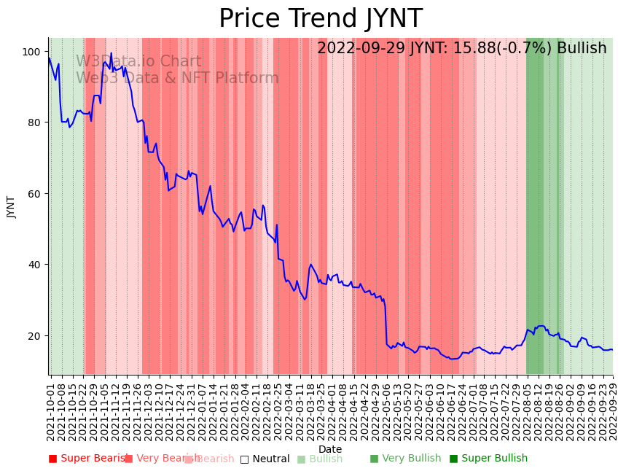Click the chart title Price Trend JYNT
click(320, 19)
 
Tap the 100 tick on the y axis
click(32, 52)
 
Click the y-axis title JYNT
click(12, 206)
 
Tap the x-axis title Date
click(330, 449)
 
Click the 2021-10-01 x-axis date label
click(51, 410)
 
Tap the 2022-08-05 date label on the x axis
click(527, 410)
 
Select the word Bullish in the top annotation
click(582, 49)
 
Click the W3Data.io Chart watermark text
click(138, 62)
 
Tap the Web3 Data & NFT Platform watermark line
click(177, 78)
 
